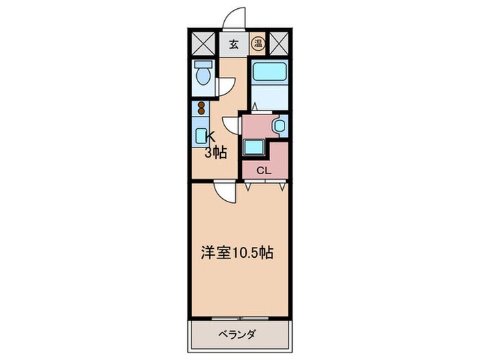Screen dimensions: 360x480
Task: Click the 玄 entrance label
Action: pyautogui.click(x=234, y=45)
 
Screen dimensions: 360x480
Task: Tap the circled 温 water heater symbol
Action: pyautogui.click(x=258, y=45)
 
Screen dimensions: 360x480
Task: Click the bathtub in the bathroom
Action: pyautogui.click(x=267, y=73)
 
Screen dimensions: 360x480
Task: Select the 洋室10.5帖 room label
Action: pyautogui.click(x=237, y=253)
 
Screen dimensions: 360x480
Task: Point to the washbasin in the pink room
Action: pyautogui.click(x=279, y=125)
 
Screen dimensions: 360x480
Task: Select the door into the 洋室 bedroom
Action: pyautogui.click(x=224, y=191)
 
